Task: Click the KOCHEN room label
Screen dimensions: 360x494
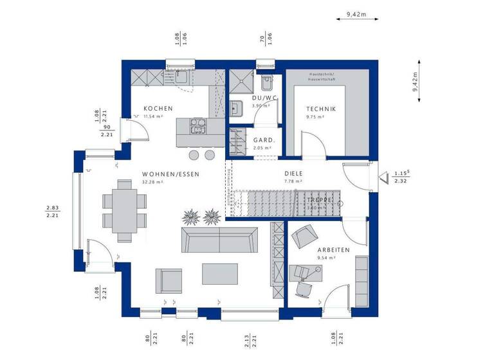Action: coord(158,109)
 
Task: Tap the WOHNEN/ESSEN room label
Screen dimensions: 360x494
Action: coord(170,174)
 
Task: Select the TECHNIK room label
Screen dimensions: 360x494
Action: coord(320,109)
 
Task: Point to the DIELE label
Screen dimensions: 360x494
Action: coord(293,174)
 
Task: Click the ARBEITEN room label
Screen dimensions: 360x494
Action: coord(333,249)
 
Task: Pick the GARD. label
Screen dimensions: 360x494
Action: coord(264,139)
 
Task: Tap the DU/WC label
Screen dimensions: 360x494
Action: coord(264,98)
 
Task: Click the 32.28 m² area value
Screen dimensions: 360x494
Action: coord(152,183)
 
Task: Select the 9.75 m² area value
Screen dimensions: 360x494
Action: coord(315,118)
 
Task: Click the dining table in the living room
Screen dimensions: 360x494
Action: coord(122,208)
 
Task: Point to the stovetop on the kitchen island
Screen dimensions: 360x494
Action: coord(197,126)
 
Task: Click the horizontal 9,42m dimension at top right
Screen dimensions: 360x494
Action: coord(355,14)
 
